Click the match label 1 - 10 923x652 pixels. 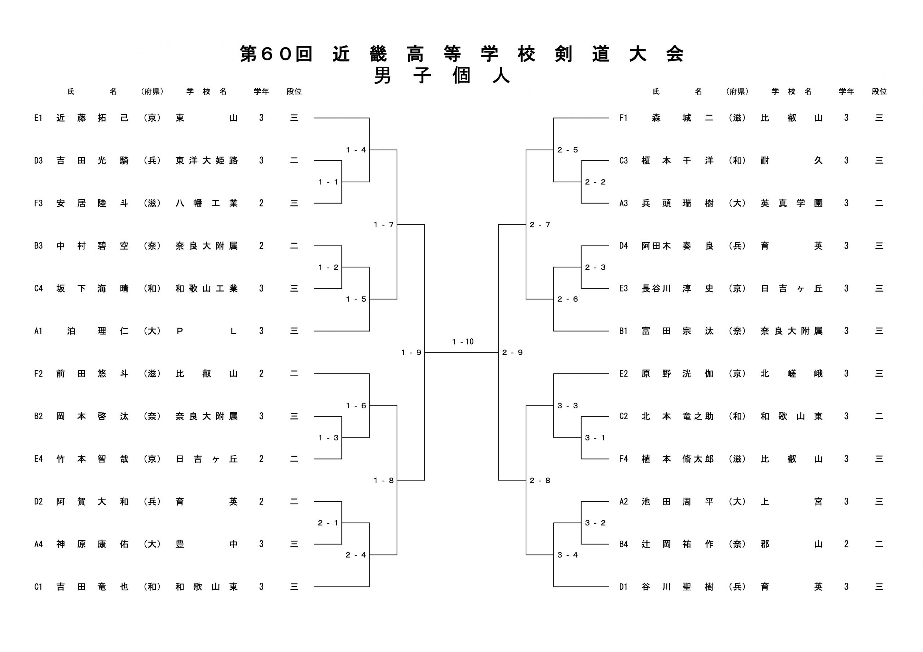(x=463, y=342)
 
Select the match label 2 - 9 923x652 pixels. (x=513, y=352)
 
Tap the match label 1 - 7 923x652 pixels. (x=384, y=225)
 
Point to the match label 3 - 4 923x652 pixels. (x=568, y=555)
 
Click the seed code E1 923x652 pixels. (x=38, y=118)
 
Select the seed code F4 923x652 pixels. (x=623, y=459)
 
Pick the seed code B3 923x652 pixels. (x=38, y=246)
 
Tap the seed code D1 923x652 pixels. (x=623, y=587)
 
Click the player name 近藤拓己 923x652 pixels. (x=92, y=118)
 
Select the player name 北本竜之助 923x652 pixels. (x=677, y=416)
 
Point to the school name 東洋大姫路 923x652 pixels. (x=207, y=161)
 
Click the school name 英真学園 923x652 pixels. (x=791, y=203)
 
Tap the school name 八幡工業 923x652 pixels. (x=207, y=203)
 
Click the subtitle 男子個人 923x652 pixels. (x=442, y=75)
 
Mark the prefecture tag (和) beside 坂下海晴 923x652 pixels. (x=152, y=289)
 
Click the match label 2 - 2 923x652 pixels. (x=595, y=182)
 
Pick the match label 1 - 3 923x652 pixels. (x=328, y=438)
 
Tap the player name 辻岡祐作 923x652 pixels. (x=677, y=544)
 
